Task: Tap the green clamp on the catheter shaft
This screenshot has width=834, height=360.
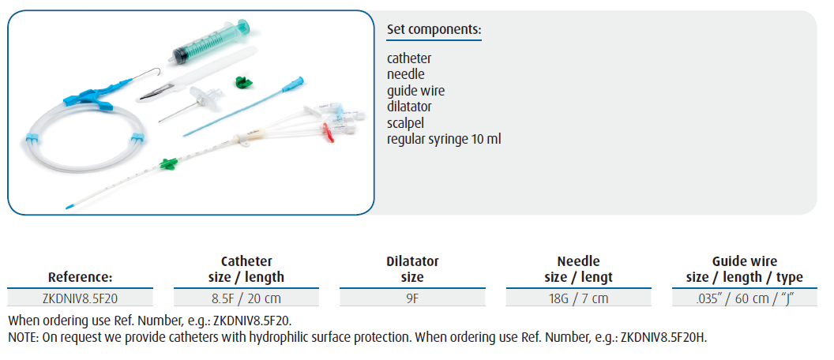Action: [168, 163]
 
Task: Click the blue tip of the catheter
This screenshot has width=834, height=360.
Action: [70, 206]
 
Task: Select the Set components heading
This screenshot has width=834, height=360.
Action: [434, 30]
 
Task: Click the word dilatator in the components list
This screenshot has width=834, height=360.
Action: [409, 107]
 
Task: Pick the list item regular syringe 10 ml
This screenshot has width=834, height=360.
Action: [444, 139]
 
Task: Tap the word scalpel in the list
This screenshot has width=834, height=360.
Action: [406, 123]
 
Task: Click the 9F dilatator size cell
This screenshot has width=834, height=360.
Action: [412, 298]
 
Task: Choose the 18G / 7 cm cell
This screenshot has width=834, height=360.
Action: [578, 298]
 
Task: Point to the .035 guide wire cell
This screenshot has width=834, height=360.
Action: [744, 298]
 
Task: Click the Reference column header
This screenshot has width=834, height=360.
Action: [80, 277]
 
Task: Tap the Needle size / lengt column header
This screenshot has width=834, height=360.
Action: [578, 269]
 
